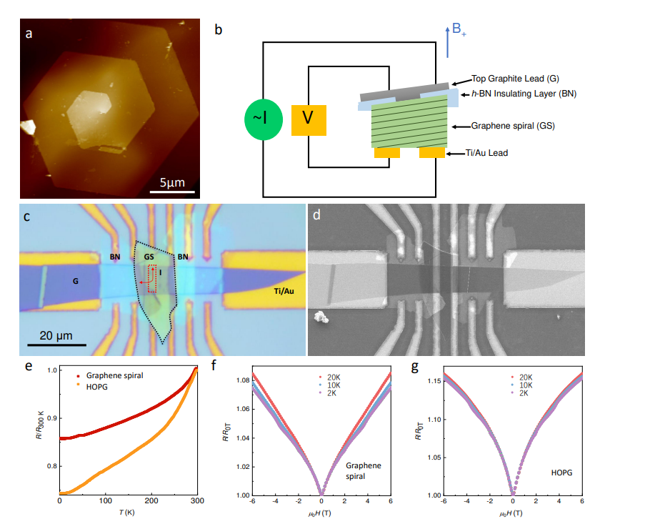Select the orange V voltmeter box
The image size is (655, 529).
tap(309, 119)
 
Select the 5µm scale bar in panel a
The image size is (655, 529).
tap(171, 191)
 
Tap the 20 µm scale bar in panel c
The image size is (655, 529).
tap(57, 345)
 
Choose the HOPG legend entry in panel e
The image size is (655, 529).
tap(101, 387)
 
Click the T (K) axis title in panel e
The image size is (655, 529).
tap(128, 515)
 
